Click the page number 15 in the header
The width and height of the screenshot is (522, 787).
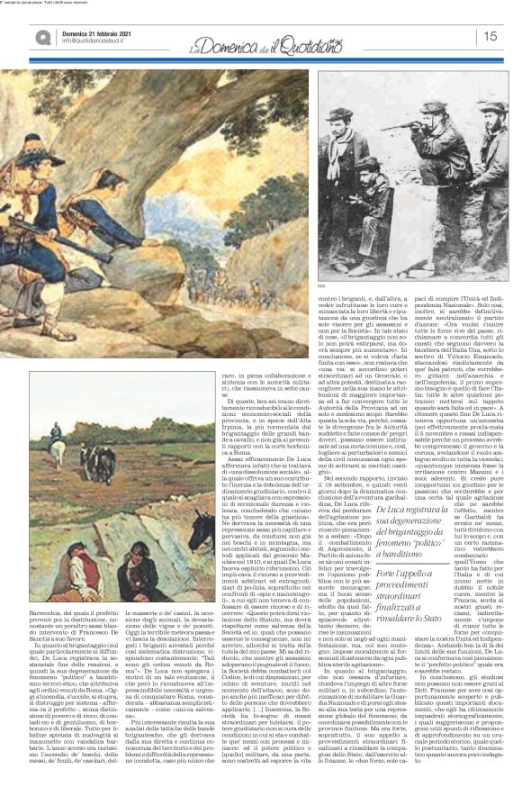pyautogui.click(x=491, y=37)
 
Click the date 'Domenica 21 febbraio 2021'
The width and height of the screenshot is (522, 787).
pyautogui.click(x=100, y=30)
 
